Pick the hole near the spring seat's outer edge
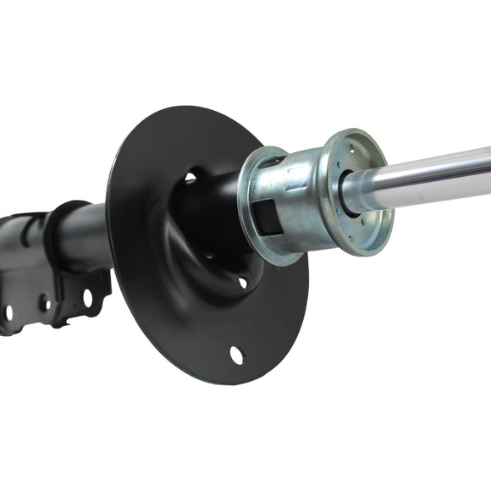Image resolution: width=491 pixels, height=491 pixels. point(236,355)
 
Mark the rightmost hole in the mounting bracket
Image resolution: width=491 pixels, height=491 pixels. point(87,297)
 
